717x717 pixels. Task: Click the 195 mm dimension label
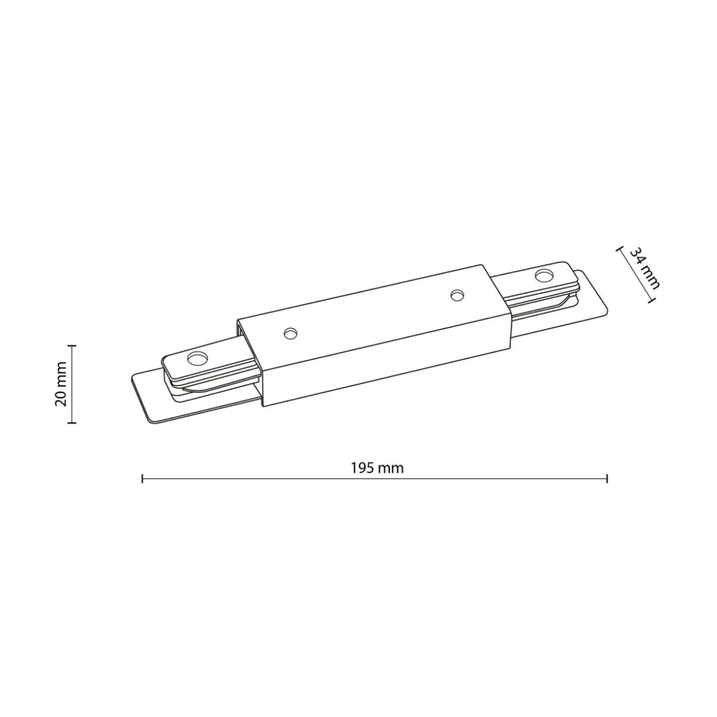coord(377,468)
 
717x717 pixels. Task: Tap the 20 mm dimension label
coord(61,383)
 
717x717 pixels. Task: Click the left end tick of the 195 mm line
coord(142,479)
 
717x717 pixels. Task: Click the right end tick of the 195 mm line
coord(607,479)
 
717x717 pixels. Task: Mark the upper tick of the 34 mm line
coord(619,249)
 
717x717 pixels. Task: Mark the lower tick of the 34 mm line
coord(651,300)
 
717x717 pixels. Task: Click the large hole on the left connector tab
coord(197,359)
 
